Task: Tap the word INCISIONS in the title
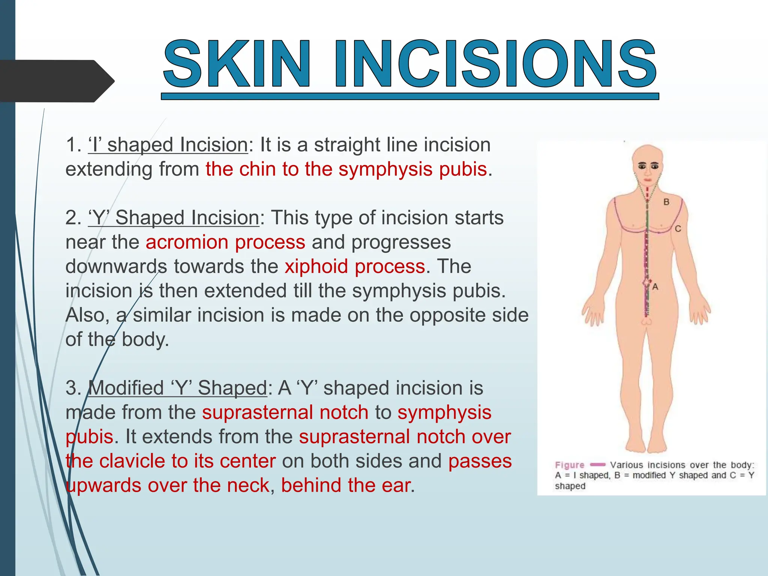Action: pos(495,64)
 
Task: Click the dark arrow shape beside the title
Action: pos(56,81)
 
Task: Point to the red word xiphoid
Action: pos(316,267)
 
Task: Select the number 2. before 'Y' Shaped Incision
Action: pos(73,218)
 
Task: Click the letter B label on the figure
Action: pos(666,202)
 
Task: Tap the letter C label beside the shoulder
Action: pos(678,229)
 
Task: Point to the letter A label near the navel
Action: pos(655,287)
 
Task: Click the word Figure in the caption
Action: pos(570,465)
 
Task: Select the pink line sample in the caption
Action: pos(597,465)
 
